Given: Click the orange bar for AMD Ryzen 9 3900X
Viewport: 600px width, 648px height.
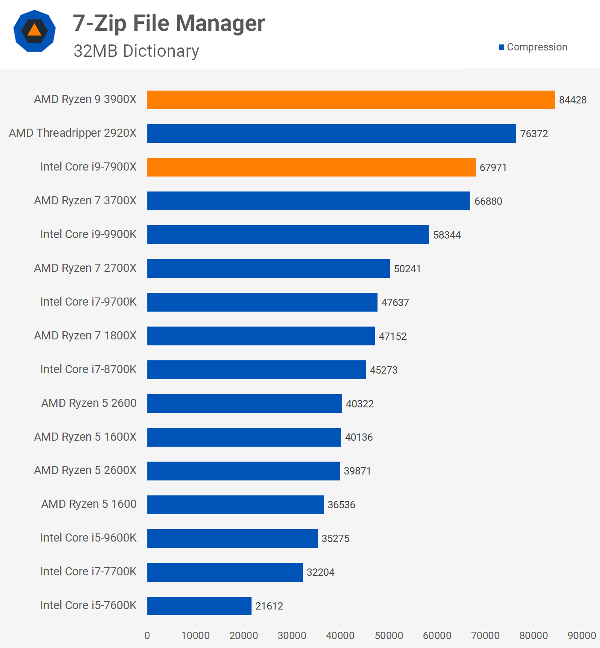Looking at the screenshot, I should pyautogui.click(x=351, y=100).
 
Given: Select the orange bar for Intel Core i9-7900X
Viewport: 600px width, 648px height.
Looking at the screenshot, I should pyautogui.click(x=311, y=167).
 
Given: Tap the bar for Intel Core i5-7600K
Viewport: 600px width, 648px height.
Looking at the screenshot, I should pyautogui.click(x=199, y=606).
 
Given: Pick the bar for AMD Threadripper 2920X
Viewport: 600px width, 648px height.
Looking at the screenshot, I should pyautogui.click(x=331, y=133).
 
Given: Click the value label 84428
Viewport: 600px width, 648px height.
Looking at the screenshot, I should pyautogui.click(x=573, y=100).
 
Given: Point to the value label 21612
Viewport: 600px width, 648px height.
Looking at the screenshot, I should pyautogui.click(x=269, y=606).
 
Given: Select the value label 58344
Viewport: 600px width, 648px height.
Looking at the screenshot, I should pyautogui.click(x=447, y=235).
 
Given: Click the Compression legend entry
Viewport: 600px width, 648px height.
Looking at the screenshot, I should pyautogui.click(x=533, y=47).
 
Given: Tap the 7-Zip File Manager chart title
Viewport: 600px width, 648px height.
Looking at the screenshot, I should pyautogui.click(x=169, y=23).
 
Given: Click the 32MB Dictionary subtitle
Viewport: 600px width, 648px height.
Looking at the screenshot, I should pyautogui.click(x=136, y=51).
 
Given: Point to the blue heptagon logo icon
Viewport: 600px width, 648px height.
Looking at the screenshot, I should pyautogui.click(x=35, y=31).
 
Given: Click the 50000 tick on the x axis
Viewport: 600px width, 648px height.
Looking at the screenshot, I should pyautogui.click(x=389, y=636).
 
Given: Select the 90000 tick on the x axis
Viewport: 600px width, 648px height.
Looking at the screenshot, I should pyautogui.click(x=582, y=636).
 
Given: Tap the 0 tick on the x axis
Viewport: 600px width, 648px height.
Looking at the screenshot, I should pyautogui.click(x=147, y=636).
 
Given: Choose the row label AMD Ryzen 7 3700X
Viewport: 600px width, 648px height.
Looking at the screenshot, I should pyautogui.click(x=85, y=200).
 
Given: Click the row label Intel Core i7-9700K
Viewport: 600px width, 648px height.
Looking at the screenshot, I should pyautogui.click(x=88, y=302).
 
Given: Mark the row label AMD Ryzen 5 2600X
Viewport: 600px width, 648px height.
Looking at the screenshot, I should pyautogui.click(x=85, y=470).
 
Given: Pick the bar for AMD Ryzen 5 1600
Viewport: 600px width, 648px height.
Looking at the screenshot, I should pyautogui.click(x=235, y=504).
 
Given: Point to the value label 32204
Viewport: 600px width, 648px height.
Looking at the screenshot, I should pyautogui.click(x=320, y=572).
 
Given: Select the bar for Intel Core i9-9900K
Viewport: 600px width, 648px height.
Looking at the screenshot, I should pyautogui.click(x=288, y=235).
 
